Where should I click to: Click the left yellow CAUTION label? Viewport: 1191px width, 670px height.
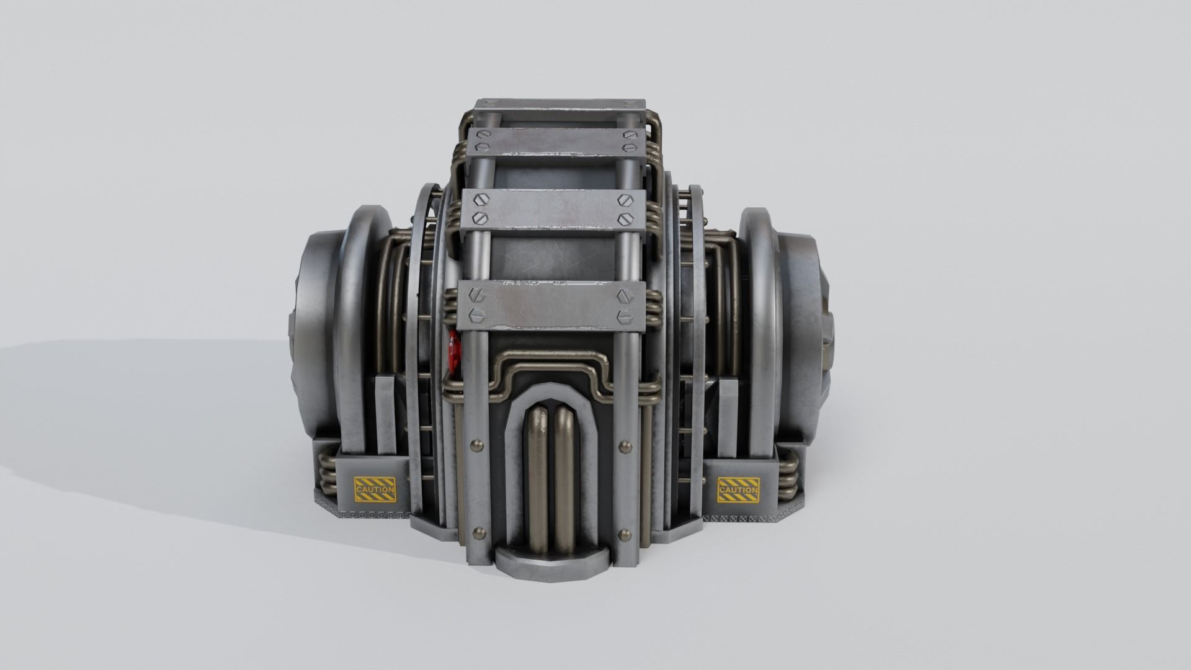374,489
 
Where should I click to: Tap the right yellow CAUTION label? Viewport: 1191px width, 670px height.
738,489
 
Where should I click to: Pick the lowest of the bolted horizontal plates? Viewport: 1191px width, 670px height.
552,304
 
